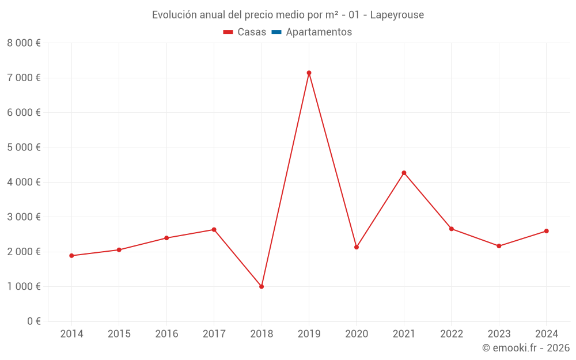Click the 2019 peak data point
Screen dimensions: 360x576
309,73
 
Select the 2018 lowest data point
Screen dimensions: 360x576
262,286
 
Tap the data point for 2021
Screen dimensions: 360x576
404,173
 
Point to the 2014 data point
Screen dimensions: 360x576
71,256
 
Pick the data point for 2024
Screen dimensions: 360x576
546,231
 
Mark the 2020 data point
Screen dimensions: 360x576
357,247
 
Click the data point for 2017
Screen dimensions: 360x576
214,229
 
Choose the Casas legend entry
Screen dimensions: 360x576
245,32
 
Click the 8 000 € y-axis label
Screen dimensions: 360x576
24,43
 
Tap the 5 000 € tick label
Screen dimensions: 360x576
24,147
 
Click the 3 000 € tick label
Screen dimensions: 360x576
24,217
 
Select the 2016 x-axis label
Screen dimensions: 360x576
166,334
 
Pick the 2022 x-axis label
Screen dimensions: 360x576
452,334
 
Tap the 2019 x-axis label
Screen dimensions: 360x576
309,334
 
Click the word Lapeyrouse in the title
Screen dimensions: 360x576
397,15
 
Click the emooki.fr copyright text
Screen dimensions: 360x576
526,348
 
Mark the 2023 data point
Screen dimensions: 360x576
499,246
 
